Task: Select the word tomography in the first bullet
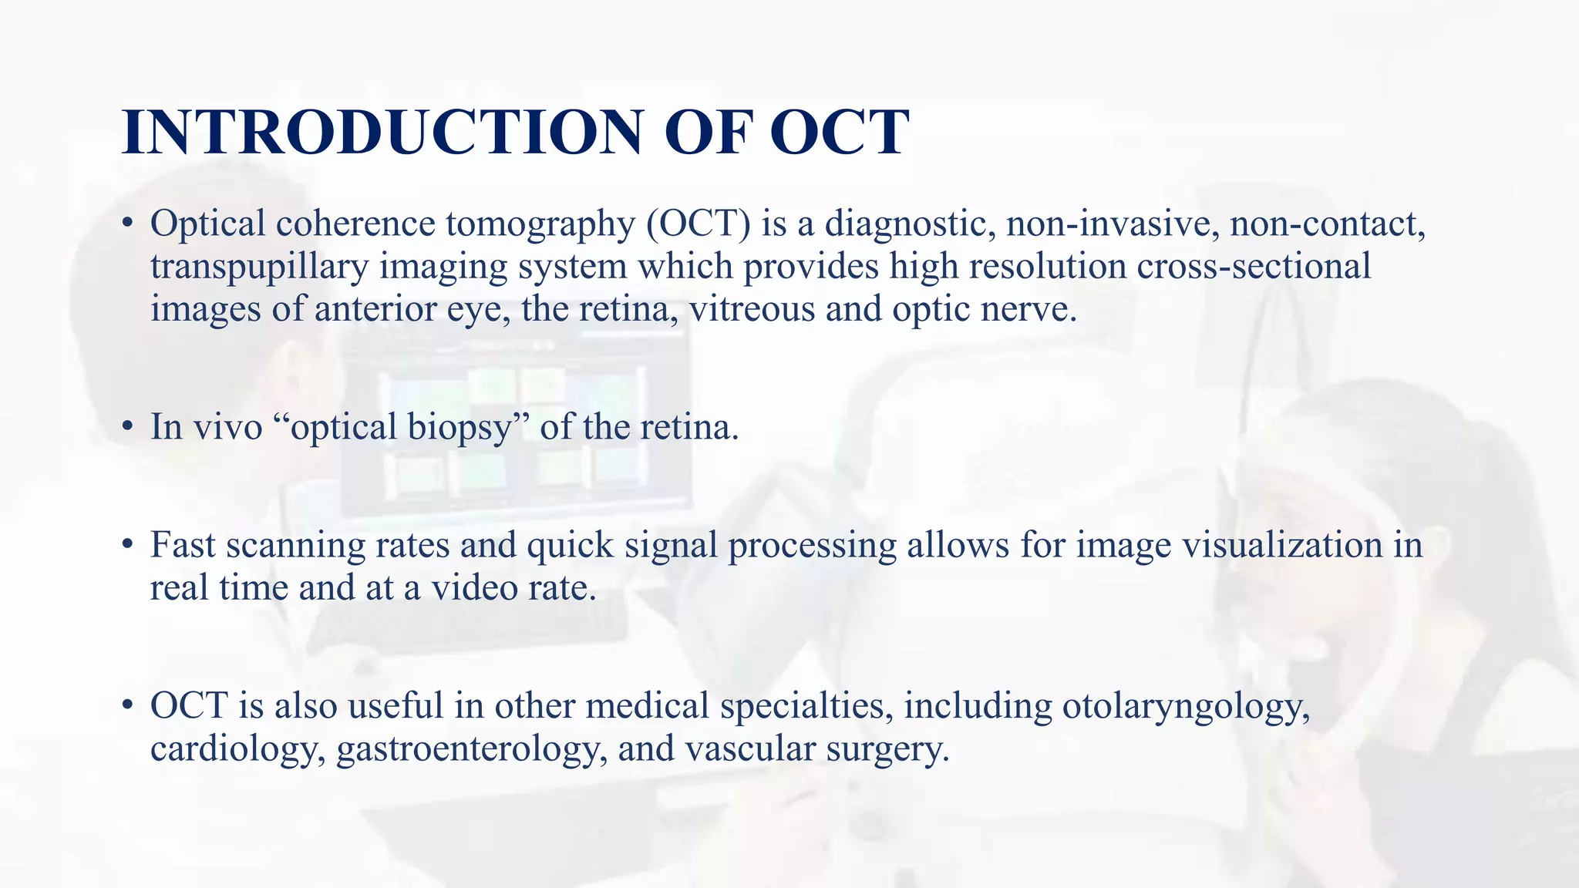pyautogui.click(x=540, y=224)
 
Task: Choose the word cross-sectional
pyautogui.click(x=1254, y=267)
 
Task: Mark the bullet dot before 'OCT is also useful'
pyautogui.click(x=128, y=707)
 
